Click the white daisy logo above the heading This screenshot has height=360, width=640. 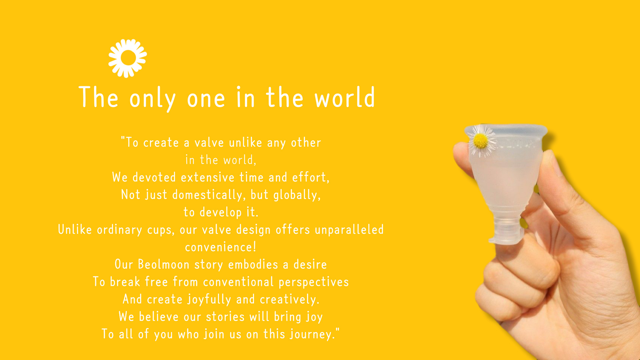[128, 58]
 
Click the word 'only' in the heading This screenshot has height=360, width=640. [152, 99]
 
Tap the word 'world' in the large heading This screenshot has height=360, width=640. [345, 97]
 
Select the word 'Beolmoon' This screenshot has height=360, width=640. [164, 264]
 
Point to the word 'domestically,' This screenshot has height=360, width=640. [209, 195]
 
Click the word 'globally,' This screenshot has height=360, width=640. [297, 195]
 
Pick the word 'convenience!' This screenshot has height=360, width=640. [221, 247]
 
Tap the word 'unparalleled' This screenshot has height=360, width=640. [349, 230]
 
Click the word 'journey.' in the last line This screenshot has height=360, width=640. [313, 334]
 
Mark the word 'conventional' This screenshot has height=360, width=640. [238, 282]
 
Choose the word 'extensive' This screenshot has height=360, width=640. [208, 177]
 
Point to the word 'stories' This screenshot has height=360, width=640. [225, 317]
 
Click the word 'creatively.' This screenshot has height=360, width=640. [290, 299]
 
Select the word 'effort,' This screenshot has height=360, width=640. [311, 177]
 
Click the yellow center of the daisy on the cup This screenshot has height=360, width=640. [481, 141]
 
